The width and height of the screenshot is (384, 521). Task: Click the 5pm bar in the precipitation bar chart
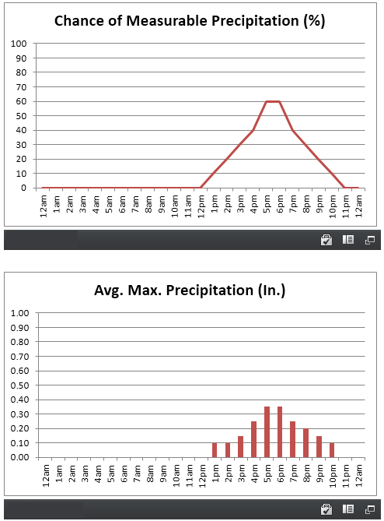pos(267,431)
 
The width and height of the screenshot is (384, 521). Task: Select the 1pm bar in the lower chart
pos(215,450)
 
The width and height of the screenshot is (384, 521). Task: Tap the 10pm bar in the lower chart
pos(332,450)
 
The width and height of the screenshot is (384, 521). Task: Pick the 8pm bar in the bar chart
pos(306,442)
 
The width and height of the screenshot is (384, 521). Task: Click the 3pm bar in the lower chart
pos(241,446)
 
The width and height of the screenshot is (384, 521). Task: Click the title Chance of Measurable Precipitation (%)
pos(190,20)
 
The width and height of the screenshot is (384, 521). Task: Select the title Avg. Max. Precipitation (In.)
pos(190,290)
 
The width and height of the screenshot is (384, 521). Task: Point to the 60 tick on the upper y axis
pos(21,101)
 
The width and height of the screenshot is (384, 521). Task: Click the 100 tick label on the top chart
pos(19,44)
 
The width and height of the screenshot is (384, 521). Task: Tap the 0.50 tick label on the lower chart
pos(20,385)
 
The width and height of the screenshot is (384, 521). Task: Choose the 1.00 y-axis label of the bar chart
pos(20,313)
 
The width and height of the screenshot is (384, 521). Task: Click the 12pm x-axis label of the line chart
pos(201,206)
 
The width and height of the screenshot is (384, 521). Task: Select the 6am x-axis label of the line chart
pos(122,204)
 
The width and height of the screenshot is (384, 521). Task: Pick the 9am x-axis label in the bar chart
pos(163,473)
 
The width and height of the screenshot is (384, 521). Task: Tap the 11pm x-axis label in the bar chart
pos(347,476)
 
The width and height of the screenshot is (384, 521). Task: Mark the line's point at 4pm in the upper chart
pos(253,130)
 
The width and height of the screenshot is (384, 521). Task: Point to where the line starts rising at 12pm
pos(201,188)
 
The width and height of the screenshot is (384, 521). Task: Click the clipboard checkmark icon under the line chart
pos(326,240)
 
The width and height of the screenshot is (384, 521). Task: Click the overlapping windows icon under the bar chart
pos(370,509)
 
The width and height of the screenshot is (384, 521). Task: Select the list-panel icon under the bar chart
pos(348,509)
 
